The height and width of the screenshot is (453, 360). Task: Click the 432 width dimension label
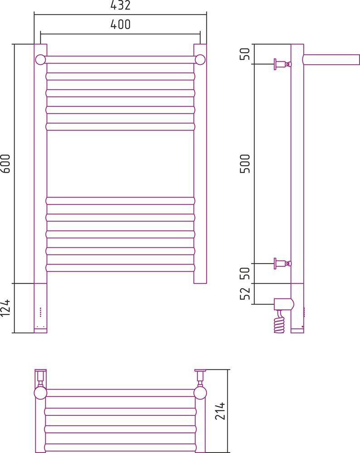point(120,5)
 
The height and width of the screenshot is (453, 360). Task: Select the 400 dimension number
point(120,24)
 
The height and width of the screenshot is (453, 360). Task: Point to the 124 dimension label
point(5,308)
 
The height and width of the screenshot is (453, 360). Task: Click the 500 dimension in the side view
point(245,164)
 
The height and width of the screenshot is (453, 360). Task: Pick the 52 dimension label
point(245,293)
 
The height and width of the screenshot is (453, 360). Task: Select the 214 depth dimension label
point(220,410)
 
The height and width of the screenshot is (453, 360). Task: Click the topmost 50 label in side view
point(245,54)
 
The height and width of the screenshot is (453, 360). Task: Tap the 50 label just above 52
point(245,273)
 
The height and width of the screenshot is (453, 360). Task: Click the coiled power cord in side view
point(280,322)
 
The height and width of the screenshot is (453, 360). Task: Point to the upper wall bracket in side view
point(282,64)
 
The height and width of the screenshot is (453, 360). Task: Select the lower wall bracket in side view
point(282,264)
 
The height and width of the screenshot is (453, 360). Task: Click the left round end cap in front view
point(40,60)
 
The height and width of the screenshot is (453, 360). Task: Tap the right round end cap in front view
point(200,60)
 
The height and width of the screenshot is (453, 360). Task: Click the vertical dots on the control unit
point(40,312)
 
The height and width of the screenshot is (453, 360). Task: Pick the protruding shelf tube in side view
point(331,59)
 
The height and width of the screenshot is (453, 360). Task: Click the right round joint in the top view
point(200,393)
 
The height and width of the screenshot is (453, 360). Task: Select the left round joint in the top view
point(40,393)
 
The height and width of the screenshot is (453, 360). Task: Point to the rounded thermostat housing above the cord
point(284,304)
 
